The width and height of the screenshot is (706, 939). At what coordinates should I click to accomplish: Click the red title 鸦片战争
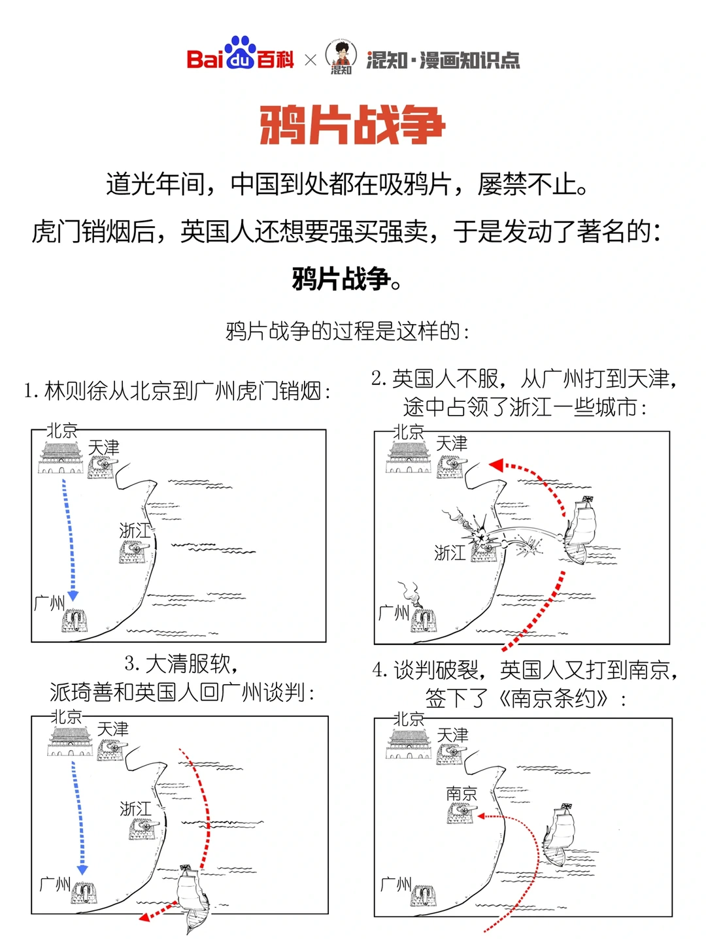click(352, 125)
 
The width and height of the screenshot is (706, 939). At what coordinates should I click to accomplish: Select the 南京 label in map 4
click(462, 793)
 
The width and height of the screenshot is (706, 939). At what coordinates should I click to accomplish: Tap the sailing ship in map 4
click(561, 836)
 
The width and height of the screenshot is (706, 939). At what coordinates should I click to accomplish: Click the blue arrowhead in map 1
click(73, 595)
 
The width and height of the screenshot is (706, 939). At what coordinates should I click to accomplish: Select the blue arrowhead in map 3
click(82, 870)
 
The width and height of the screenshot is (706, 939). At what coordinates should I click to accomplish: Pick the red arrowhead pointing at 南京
click(482, 816)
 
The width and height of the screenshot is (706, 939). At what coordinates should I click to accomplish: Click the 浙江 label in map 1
click(135, 530)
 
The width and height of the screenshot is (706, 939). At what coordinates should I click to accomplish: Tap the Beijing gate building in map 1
click(61, 457)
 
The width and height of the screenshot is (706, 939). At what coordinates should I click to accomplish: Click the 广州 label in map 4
click(395, 884)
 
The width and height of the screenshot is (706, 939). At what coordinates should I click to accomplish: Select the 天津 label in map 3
click(112, 729)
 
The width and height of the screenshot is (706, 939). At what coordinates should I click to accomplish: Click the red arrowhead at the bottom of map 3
click(145, 916)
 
